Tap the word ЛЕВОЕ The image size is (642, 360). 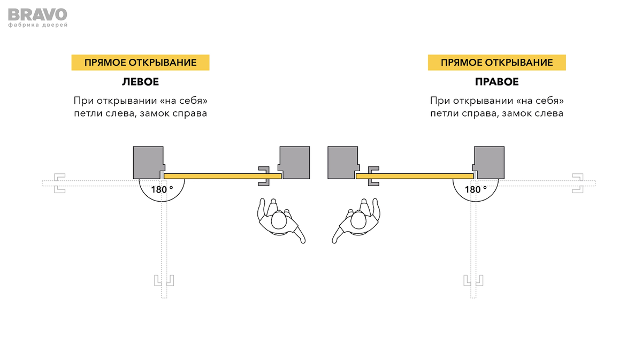pyautogui.click(x=140, y=82)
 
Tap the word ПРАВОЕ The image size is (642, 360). pyautogui.click(x=496, y=82)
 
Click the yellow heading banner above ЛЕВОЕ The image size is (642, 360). pyautogui.click(x=140, y=63)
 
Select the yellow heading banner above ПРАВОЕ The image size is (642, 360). pyautogui.click(x=496, y=63)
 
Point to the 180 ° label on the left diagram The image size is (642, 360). pyautogui.click(x=162, y=189)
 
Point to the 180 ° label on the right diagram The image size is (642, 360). pyautogui.click(x=476, y=189)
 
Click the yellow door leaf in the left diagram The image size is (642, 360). pyautogui.click(x=222, y=175)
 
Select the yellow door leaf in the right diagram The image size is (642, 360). pyautogui.click(x=414, y=175)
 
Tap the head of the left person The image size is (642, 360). pyautogui.click(x=278, y=220)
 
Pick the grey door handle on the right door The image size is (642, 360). pyautogui.click(x=373, y=176)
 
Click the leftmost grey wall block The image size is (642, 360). pyautogui.click(x=148, y=162)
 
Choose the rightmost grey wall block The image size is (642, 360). pyautogui.click(x=488, y=162)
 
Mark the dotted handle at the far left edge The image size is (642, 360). pyautogui.click(x=58, y=183)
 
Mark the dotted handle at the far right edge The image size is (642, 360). pyautogui.click(x=577, y=183)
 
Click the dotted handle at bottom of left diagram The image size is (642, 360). pyautogui.click(x=164, y=280)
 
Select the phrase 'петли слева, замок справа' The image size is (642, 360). pyautogui.click(x=140, y=113)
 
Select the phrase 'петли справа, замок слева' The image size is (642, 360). pyautogui.click(x=496, y=113)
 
